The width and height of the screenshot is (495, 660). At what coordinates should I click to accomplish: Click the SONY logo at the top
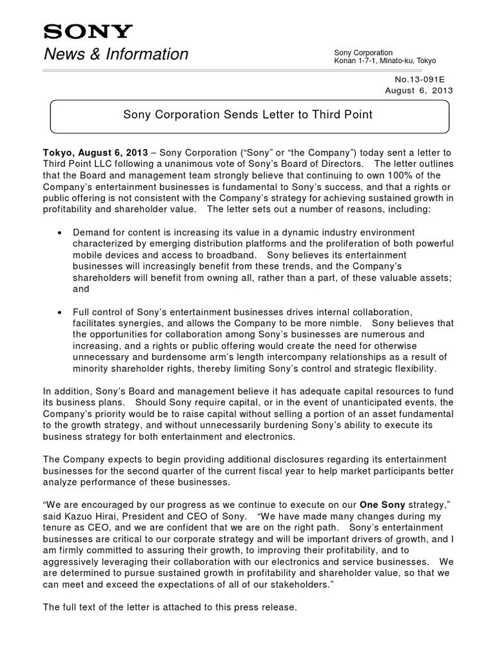88,32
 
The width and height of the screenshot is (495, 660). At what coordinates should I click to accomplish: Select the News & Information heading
116,54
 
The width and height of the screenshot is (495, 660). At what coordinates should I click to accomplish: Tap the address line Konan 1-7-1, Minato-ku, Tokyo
385,61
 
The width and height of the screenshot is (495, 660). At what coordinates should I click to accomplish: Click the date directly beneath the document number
419,90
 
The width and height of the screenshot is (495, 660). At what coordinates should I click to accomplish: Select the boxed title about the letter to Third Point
247,115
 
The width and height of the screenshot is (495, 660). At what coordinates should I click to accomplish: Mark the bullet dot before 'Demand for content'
60,232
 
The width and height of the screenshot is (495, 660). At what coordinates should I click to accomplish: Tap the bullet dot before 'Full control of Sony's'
60,312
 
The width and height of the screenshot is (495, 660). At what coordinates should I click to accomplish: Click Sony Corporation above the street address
363,52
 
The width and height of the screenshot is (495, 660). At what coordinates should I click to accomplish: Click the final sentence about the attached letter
170,607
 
